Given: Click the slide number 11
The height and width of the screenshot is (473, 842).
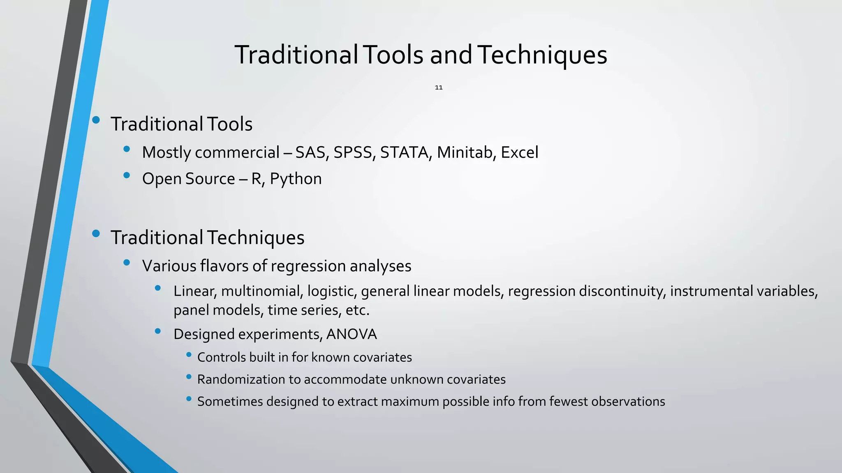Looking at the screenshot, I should click(439, 87).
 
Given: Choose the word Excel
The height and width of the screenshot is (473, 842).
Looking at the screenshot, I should click(519, 153).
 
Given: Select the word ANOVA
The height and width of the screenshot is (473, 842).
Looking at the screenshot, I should click(352, 334).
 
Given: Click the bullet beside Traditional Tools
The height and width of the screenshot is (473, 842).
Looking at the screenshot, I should click(96, 120).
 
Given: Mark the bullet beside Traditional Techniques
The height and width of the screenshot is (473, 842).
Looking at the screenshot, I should click(96, 234).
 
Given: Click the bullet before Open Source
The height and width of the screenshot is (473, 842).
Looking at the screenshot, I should click(127, 175).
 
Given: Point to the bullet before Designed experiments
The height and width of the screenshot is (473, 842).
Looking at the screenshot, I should click(158, 331).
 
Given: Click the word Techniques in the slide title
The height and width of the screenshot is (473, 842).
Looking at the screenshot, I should click(542, 55).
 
